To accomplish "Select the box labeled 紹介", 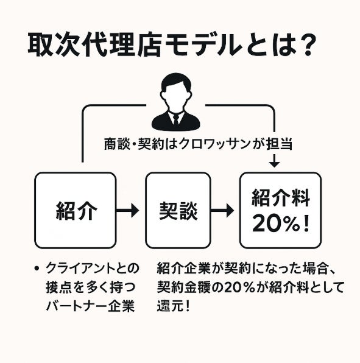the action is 76,210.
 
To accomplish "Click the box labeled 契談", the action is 178,210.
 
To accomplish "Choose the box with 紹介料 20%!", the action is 280,210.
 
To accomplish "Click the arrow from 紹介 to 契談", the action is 127,210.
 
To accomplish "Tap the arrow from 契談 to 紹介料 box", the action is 222,210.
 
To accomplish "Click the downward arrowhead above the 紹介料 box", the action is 275,164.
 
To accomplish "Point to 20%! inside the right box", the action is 281,224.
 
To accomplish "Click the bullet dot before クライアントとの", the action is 37,269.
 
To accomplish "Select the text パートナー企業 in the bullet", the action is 90,306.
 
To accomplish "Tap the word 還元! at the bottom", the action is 174,306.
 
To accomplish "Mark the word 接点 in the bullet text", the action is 59,287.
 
